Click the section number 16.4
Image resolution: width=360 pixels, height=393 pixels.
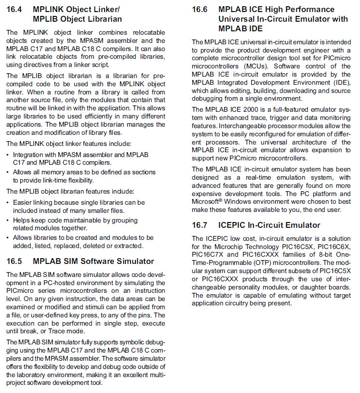pyautogui.click(x=15, y=9)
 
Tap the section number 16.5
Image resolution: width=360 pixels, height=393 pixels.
pyautogui.click(x=15, y=261)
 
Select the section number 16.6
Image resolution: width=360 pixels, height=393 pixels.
pyautogui.click(x=200, y=9)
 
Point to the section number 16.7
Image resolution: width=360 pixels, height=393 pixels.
pyautogui.click(x=200, y=225)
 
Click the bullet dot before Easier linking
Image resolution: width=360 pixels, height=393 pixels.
pyautogui.click(x=8, y=203)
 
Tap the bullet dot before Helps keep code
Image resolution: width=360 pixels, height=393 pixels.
pyautogui.click(x=8, y=220)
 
